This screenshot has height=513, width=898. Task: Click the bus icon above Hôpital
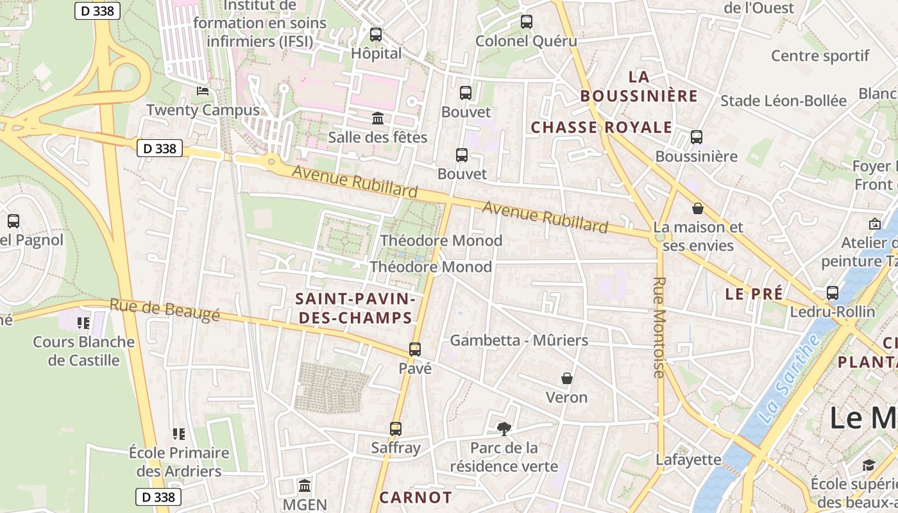pos(376,35)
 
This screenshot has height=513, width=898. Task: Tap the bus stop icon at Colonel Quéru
pos(527,22)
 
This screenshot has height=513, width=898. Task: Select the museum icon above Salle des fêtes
pos(378,119)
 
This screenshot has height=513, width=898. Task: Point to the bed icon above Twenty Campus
pos(203,91)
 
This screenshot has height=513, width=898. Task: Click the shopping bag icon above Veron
pos(567,378)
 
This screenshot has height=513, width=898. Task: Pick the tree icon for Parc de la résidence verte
pos(504,428)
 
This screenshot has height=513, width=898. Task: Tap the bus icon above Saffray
pos(396,429)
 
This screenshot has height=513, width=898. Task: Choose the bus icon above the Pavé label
pos(415,349)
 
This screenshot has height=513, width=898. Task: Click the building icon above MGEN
pos(305,485)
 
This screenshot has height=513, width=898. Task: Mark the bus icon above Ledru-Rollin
pos(833,293)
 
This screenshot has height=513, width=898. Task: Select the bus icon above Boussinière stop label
pos(697,137)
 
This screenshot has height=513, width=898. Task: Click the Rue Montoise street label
pos(659,327)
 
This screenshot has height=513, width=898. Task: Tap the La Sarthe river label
pos(789,378)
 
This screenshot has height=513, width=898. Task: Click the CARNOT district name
pos(416,498)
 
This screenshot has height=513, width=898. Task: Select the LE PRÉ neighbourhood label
pos(754,294)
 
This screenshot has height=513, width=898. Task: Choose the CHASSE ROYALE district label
pos(601,128)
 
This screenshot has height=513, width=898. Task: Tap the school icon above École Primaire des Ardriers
pos(179,434)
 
